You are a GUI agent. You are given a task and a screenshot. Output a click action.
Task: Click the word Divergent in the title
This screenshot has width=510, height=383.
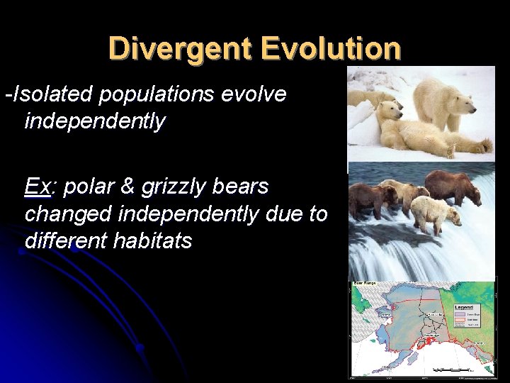click(180, 49)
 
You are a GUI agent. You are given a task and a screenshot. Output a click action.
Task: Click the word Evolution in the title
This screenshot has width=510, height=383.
click(331, 49)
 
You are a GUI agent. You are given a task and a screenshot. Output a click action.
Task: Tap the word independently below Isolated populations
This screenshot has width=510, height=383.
click(95, 121)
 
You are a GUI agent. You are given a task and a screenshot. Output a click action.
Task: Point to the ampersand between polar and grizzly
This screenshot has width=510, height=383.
click(127, 187)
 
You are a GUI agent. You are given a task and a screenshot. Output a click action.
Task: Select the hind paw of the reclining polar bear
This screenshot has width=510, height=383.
click(484, 146)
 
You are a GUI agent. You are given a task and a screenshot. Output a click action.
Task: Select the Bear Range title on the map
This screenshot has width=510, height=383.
click(364, 284)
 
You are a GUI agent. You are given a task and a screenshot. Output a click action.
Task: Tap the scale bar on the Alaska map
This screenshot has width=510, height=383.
click(453, 370)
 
